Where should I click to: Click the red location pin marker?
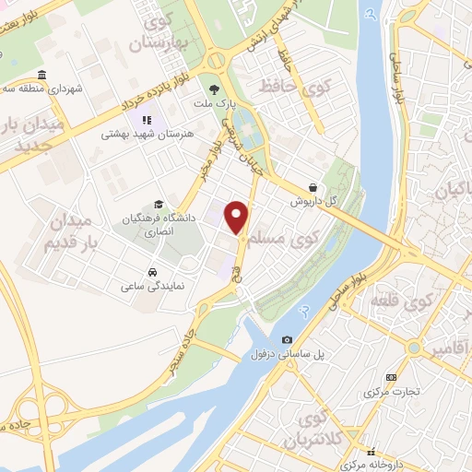238,217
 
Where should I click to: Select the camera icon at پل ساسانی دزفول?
288,341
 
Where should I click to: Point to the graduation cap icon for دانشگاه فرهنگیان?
159,205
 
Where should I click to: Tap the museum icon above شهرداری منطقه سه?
41,76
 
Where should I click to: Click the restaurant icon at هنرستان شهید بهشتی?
146,120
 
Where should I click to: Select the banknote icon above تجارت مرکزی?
392,377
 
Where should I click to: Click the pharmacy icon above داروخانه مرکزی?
372,452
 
